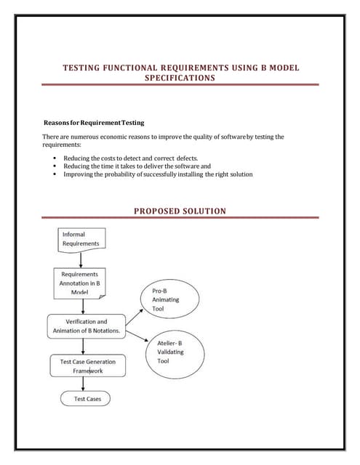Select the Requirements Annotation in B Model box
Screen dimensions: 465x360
[80, 283]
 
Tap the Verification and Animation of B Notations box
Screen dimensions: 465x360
[87, 326]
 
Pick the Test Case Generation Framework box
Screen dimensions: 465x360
[87, 365]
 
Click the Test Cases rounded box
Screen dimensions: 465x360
[87, 399]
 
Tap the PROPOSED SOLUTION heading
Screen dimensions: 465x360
[180, 211]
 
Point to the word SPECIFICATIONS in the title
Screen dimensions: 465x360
[180, 77]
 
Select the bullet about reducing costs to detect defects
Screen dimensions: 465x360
[130, 158]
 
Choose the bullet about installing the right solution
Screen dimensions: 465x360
[158, 174]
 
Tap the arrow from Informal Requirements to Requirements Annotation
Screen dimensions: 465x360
[81, 259]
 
